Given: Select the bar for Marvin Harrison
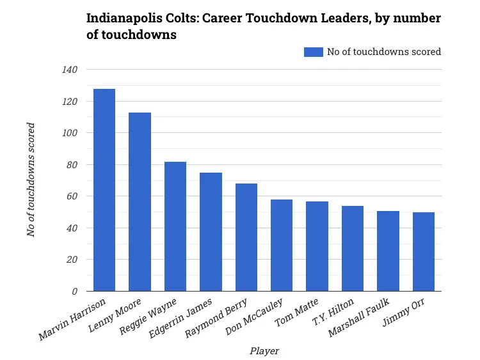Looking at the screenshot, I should (104, 190).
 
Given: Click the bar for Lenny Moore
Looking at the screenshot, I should (140, 202).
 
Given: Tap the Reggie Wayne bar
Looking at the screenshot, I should (175, 226).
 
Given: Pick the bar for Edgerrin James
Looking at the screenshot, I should (211, 232).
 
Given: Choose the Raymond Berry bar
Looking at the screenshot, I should (246, 237).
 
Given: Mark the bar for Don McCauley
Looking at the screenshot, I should (282, 246).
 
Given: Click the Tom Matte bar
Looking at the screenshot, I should (317, 246).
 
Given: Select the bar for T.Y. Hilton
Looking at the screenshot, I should (353, 249).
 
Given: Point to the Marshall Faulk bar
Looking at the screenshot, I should (388, 251).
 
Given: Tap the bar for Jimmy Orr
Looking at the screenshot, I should (424, 252).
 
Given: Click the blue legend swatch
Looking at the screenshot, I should (313, 52).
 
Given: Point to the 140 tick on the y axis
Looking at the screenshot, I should (70, 70).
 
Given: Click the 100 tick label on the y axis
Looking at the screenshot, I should (70, 133).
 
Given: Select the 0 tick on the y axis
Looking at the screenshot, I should (74, 292).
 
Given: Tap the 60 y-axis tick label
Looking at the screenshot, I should (72, 196).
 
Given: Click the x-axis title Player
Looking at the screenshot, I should (264, 350).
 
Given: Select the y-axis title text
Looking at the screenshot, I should (31, 180).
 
